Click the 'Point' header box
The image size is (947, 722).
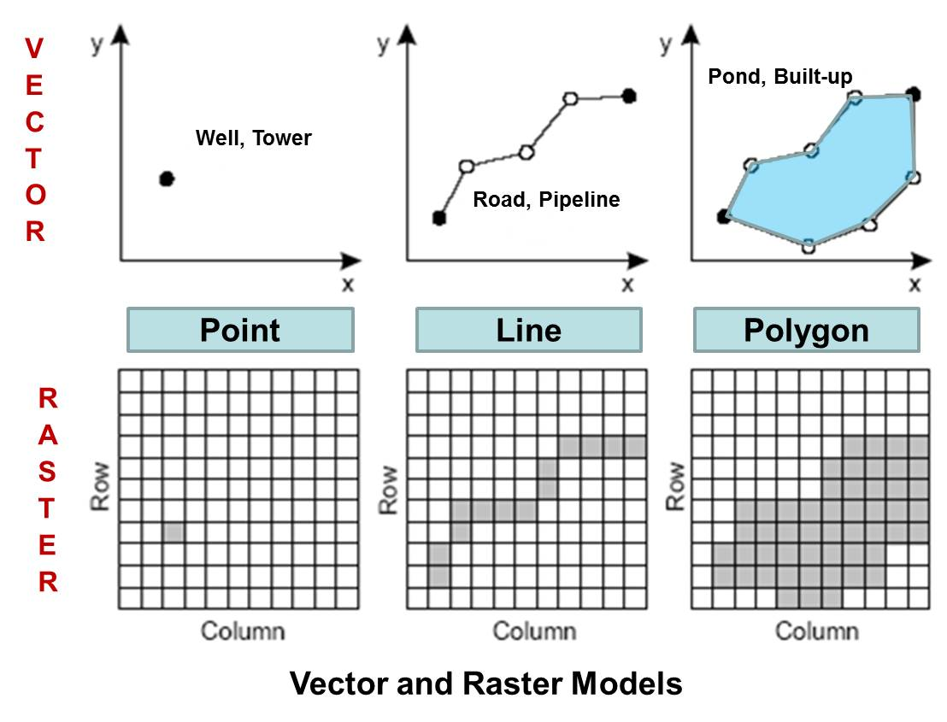[x=239, y=330]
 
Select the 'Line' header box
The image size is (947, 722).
[x=528, y=330]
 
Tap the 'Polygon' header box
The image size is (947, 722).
[x=806, y=330]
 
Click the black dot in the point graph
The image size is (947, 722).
[x=167, y=179]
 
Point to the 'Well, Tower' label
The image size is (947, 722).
[x=254, y=138]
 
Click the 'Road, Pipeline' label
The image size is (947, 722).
[x=546, y=200]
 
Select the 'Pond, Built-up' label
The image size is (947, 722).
[x=780, y=76]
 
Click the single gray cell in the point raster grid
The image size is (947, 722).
[x=174, y=532]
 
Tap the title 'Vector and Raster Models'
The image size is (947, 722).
[x=485, y=684]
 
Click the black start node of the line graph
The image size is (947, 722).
[x=439, y=218]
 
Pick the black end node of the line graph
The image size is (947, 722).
[x=629, y=95]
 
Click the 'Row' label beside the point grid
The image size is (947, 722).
[x=101, y=488]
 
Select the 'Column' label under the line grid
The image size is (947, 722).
[x=534, y=631]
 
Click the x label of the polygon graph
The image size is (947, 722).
[x=915, y=285]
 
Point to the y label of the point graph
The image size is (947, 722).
[x=97, y=44]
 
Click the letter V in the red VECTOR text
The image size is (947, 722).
[x=34, y=49]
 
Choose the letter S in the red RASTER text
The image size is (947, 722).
[x=48, y=472]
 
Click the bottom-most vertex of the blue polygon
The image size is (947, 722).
[x=809, y=247]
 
